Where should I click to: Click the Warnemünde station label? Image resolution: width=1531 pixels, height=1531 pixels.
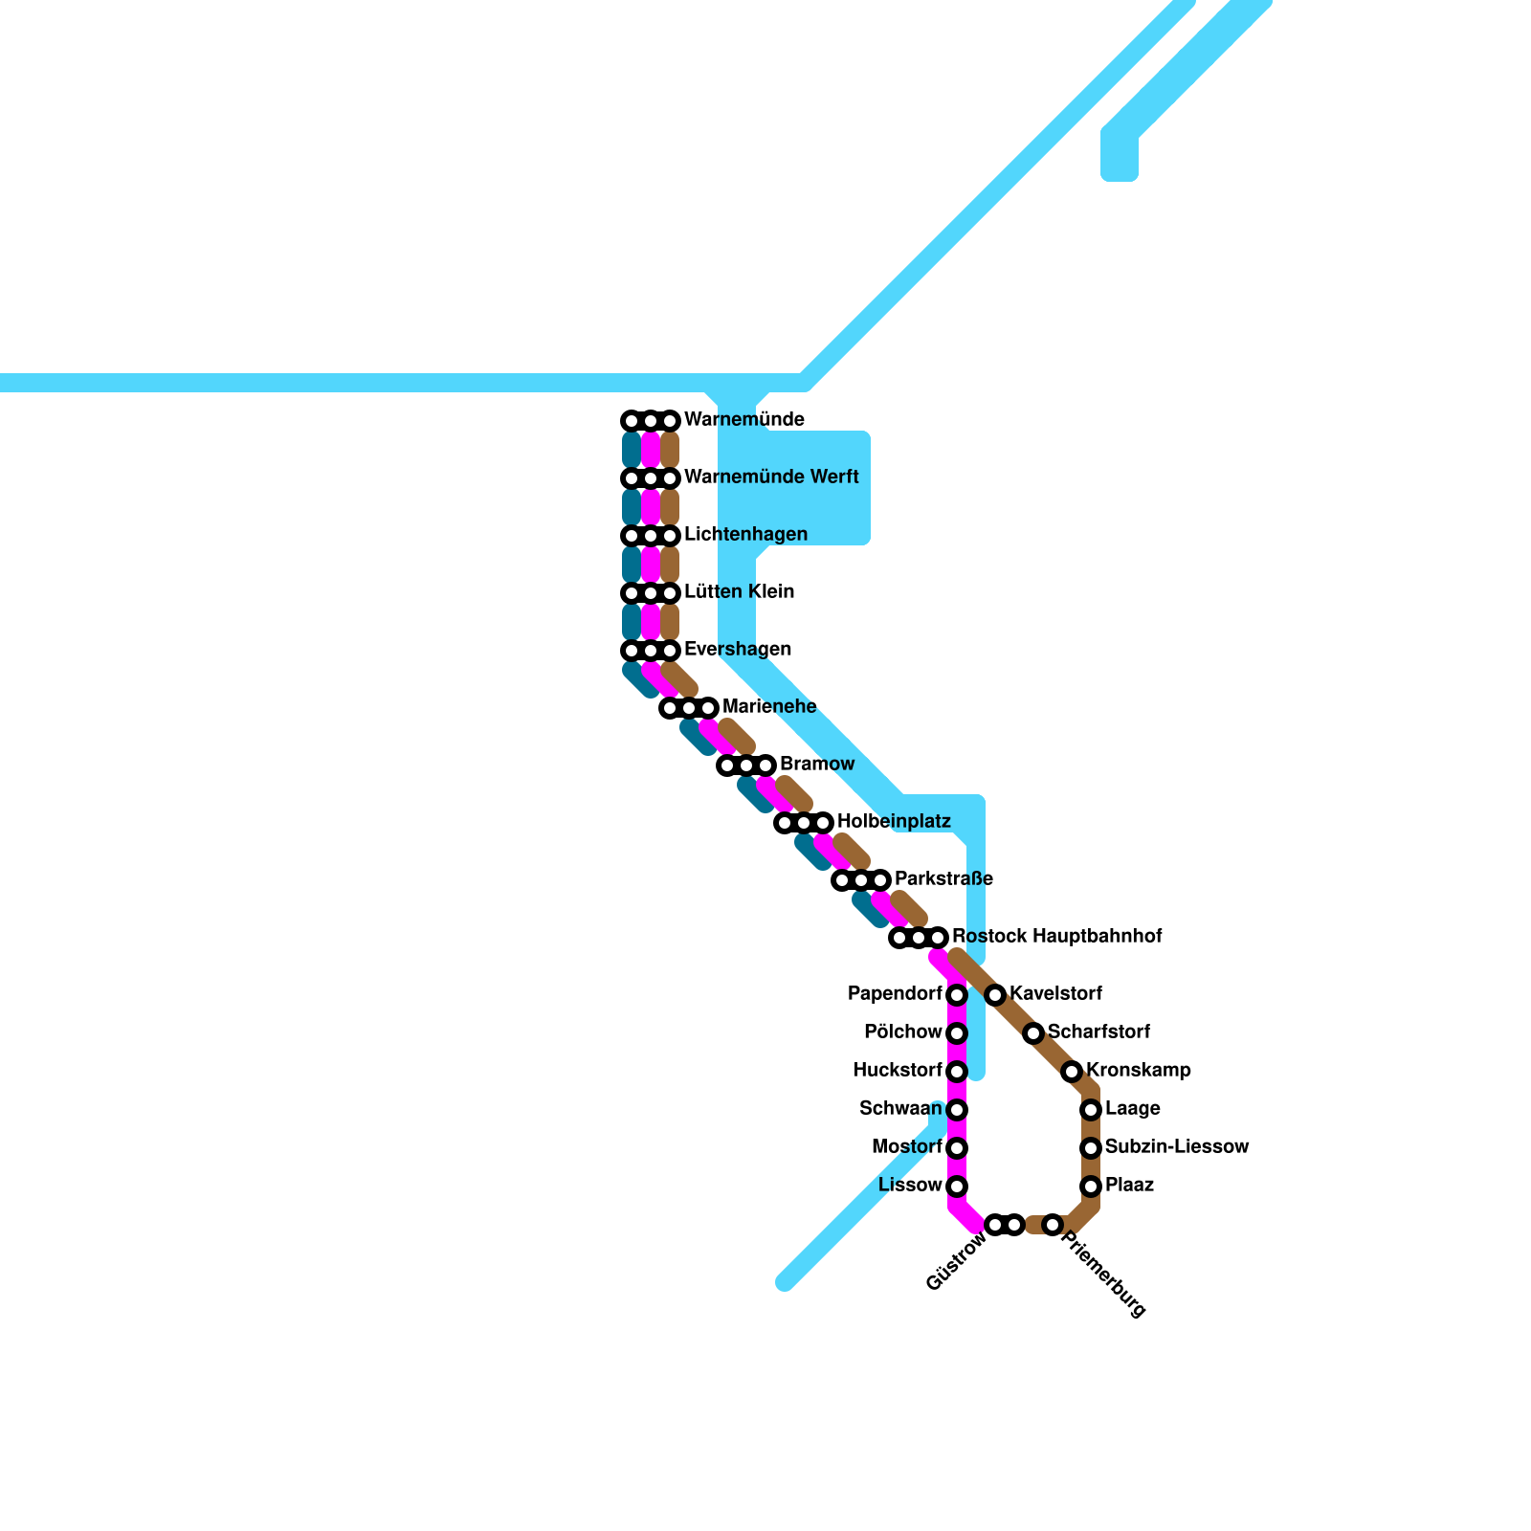[743, 420]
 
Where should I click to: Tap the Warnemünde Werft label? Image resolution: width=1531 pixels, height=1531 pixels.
[771, 477]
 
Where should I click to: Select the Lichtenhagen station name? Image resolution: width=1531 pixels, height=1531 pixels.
[745, 535]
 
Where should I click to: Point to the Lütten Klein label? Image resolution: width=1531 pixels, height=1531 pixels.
[739, 592]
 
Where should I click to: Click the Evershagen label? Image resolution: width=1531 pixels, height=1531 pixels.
[738, 650]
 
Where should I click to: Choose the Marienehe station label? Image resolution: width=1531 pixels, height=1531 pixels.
[769, 707]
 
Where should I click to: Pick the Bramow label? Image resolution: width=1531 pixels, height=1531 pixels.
[817, 765]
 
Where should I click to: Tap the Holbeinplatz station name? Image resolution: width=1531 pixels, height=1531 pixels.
[894, 822]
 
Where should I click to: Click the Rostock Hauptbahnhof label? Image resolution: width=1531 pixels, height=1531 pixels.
[1056, 937]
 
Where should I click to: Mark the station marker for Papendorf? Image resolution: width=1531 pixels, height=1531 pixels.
[957, 995]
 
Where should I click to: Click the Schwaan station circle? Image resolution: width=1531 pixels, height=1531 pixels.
[957, 1110]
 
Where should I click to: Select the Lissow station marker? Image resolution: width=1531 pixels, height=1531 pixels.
[957, 1187]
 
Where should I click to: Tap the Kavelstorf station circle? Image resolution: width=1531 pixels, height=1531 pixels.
[995, 995]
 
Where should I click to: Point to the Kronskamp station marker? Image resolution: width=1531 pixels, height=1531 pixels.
[1072, 1072]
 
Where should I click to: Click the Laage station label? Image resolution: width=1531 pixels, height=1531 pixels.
[1132, 1109]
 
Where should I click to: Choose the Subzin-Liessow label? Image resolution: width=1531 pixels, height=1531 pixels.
[1177, 1147]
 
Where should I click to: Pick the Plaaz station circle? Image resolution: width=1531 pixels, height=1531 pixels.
[1091, 1187]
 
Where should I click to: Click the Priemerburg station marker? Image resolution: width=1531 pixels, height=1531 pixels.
[1053, 1225]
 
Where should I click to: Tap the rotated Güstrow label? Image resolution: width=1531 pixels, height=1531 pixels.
[957, 1261]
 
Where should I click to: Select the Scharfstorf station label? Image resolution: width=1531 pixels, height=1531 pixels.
[1098, 1032]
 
